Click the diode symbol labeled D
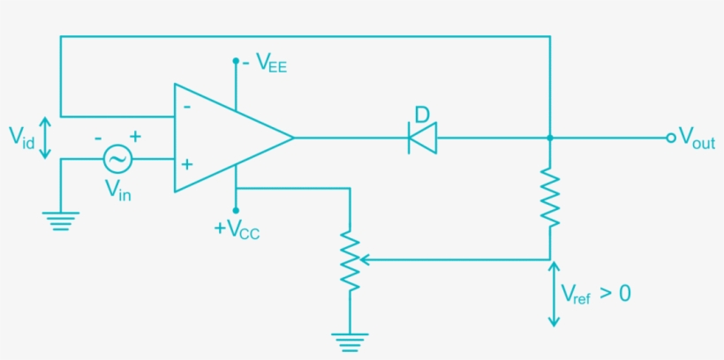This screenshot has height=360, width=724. point(422,138)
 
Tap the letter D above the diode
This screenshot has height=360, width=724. point(422,114)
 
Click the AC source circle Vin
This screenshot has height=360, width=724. point(117,159)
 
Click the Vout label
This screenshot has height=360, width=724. point(697,140)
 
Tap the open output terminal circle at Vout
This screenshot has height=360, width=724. point(671,138)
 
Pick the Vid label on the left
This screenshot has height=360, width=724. point(22,137)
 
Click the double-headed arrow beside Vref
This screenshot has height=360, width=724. point(554,294)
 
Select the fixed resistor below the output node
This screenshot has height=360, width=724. point(550,198)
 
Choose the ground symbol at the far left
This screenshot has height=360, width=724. point(60,221)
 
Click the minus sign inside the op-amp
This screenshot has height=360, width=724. point(186,106)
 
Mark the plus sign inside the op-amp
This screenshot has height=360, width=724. point(186,164)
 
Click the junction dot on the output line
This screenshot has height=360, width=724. point(550,138)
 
